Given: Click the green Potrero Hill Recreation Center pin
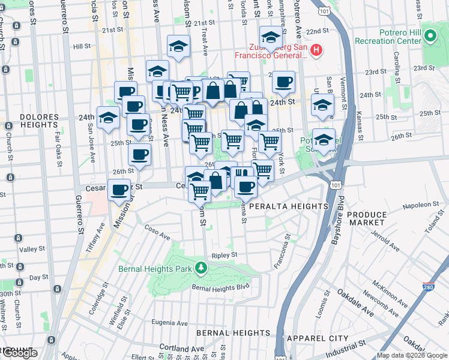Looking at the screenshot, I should [x=429, y=37].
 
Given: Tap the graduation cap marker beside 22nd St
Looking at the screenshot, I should [x=271, y=37].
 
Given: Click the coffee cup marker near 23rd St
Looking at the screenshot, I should [x=283, y=82].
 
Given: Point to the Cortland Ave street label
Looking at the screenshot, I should [x=181, y=349].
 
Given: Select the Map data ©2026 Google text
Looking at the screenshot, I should [x=412, y=355].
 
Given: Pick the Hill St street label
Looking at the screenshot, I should [x=82, y=46].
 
